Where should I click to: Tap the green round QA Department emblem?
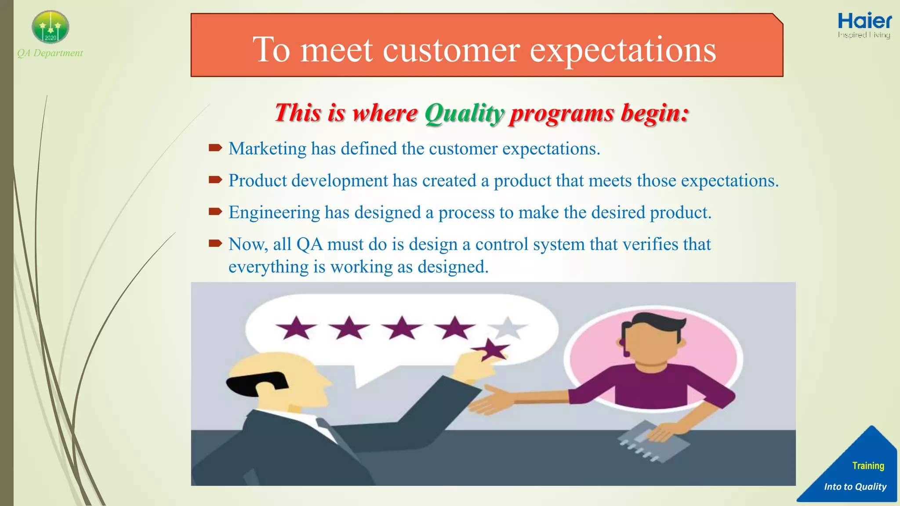coord(51,27)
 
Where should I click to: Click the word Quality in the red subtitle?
coord(464,114)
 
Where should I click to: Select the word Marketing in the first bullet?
coord(267,149)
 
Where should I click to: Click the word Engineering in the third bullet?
coord(274,213)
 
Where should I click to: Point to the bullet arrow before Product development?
coord(215,180)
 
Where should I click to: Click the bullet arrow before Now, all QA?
coord(215,243)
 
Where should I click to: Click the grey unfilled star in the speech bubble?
coord(508,327)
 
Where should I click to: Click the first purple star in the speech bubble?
coord(296,328)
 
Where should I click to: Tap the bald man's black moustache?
coord(257,381)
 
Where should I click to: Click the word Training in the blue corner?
coord(868,466)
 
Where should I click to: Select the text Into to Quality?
coord(855,487)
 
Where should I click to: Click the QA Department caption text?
coord(50,53)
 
